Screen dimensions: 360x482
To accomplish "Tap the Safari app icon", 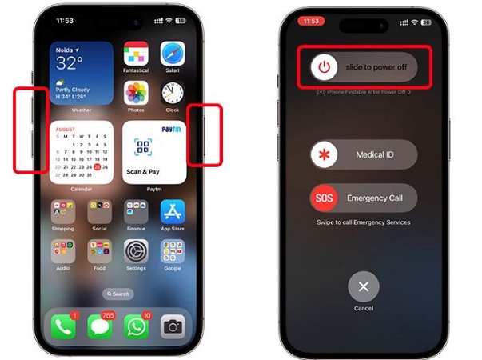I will tap(173, 54).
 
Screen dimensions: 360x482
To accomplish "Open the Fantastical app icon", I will tap(136, 54).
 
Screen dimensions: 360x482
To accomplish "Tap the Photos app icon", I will tap(136, 92).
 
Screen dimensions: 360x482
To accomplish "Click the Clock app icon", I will tap(173, 92).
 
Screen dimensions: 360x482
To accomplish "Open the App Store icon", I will tap(173, 211).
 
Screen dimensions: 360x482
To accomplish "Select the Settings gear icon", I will tap(136, 250).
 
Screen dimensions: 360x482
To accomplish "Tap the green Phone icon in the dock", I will tap(63, 325).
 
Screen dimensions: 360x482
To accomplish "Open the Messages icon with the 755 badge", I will tap(100, 325).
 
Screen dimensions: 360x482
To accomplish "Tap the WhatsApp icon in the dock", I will tap(136, 325).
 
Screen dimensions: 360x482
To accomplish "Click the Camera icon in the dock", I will tap(173, 325).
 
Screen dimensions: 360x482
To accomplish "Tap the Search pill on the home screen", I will tap(118, 294).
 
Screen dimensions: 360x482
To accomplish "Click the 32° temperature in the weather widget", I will tap(69, 64).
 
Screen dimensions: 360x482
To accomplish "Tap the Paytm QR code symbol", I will tap(143, 146).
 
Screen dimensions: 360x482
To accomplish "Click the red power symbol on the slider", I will tap(322, 67).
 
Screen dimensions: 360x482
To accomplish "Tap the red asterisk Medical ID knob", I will tap(324, 154).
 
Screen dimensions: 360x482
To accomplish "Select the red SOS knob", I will tap(324, 198).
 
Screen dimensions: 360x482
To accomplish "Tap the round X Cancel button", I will tap(364, 286).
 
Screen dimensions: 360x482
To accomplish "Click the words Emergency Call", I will tap(374, 198).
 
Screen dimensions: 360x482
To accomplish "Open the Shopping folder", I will tap(63, 211).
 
